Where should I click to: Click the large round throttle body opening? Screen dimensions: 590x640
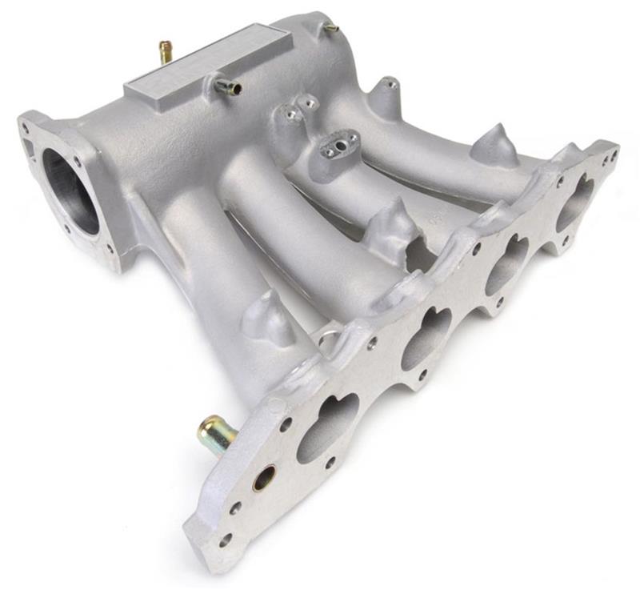[70, 192]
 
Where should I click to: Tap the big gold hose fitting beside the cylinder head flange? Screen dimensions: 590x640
[214, 433]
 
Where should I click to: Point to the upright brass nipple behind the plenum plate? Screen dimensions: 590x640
[166, 53]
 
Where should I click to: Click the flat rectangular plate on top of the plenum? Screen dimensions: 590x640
[204, 61]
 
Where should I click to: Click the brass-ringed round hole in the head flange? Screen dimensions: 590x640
[264, 478]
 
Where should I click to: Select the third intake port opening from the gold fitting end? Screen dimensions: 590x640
[507, 264]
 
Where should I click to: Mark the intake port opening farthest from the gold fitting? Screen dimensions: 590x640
[576, 201]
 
